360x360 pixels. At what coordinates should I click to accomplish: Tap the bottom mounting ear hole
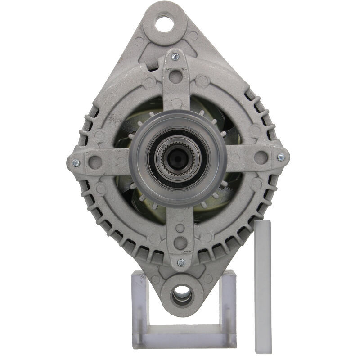(181, 295)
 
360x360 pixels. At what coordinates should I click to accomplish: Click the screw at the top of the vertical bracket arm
(175, 57)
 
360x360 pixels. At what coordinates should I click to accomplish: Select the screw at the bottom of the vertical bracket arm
(181, 262)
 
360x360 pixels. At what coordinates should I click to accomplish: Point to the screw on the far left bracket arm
(76, 163)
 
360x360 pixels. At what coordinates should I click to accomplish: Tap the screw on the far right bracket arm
(281, 157)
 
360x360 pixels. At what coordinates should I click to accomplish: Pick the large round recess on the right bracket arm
(261, 157)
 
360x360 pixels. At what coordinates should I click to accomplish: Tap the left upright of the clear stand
(139, 306)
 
